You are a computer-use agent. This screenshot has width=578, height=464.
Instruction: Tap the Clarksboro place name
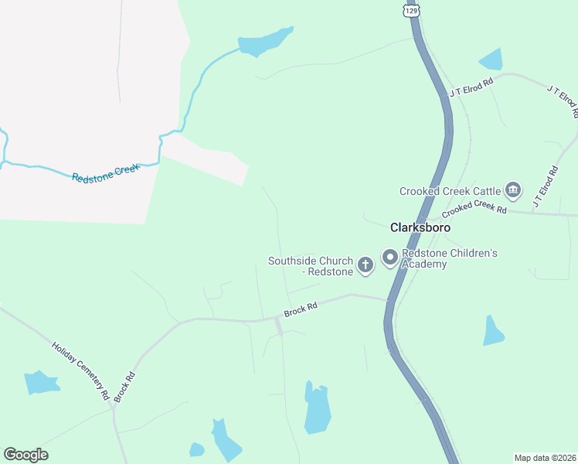point(420,228)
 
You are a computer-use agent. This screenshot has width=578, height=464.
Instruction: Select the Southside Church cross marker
point(365,265)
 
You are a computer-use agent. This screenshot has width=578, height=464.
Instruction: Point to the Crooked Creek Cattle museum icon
point(512,190)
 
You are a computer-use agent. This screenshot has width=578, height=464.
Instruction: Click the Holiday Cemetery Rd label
point(80,371)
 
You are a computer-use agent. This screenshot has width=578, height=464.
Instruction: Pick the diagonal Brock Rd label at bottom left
point(124,387)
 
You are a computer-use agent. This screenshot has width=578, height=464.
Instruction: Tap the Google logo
point(25,455)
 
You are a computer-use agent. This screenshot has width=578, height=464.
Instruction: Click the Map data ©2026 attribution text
point(546,458)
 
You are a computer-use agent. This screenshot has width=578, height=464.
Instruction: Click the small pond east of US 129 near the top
point(491,60)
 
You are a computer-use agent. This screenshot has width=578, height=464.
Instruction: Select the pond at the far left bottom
point(41,383)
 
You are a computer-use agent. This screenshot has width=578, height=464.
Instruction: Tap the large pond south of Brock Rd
point(317,408)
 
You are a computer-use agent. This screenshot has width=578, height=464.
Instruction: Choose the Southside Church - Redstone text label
point(311,266)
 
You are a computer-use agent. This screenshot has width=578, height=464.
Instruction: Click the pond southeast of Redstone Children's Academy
point(492,331)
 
